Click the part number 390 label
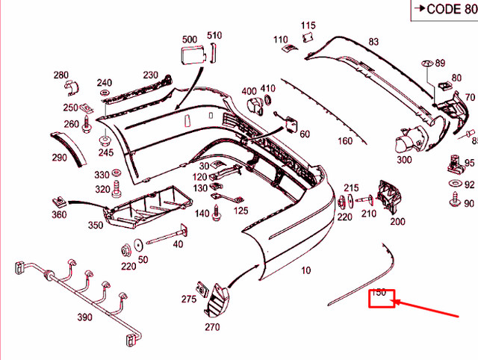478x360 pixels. click(84, 317)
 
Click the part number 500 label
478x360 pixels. click(190, 39)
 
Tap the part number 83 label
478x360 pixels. click(373, 42)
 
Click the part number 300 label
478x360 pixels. click(404, 159)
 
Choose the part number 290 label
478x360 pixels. click(59, 158)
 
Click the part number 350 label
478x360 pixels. click(96, 225)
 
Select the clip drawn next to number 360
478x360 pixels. click(59, 201)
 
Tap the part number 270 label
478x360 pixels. click(213, 326)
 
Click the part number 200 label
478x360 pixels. click(397, 221)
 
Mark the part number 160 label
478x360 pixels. click(344, 141)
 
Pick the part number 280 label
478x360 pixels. click(60, 75)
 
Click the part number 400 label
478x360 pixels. click(249, 91)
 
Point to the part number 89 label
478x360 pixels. click(440, 63)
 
